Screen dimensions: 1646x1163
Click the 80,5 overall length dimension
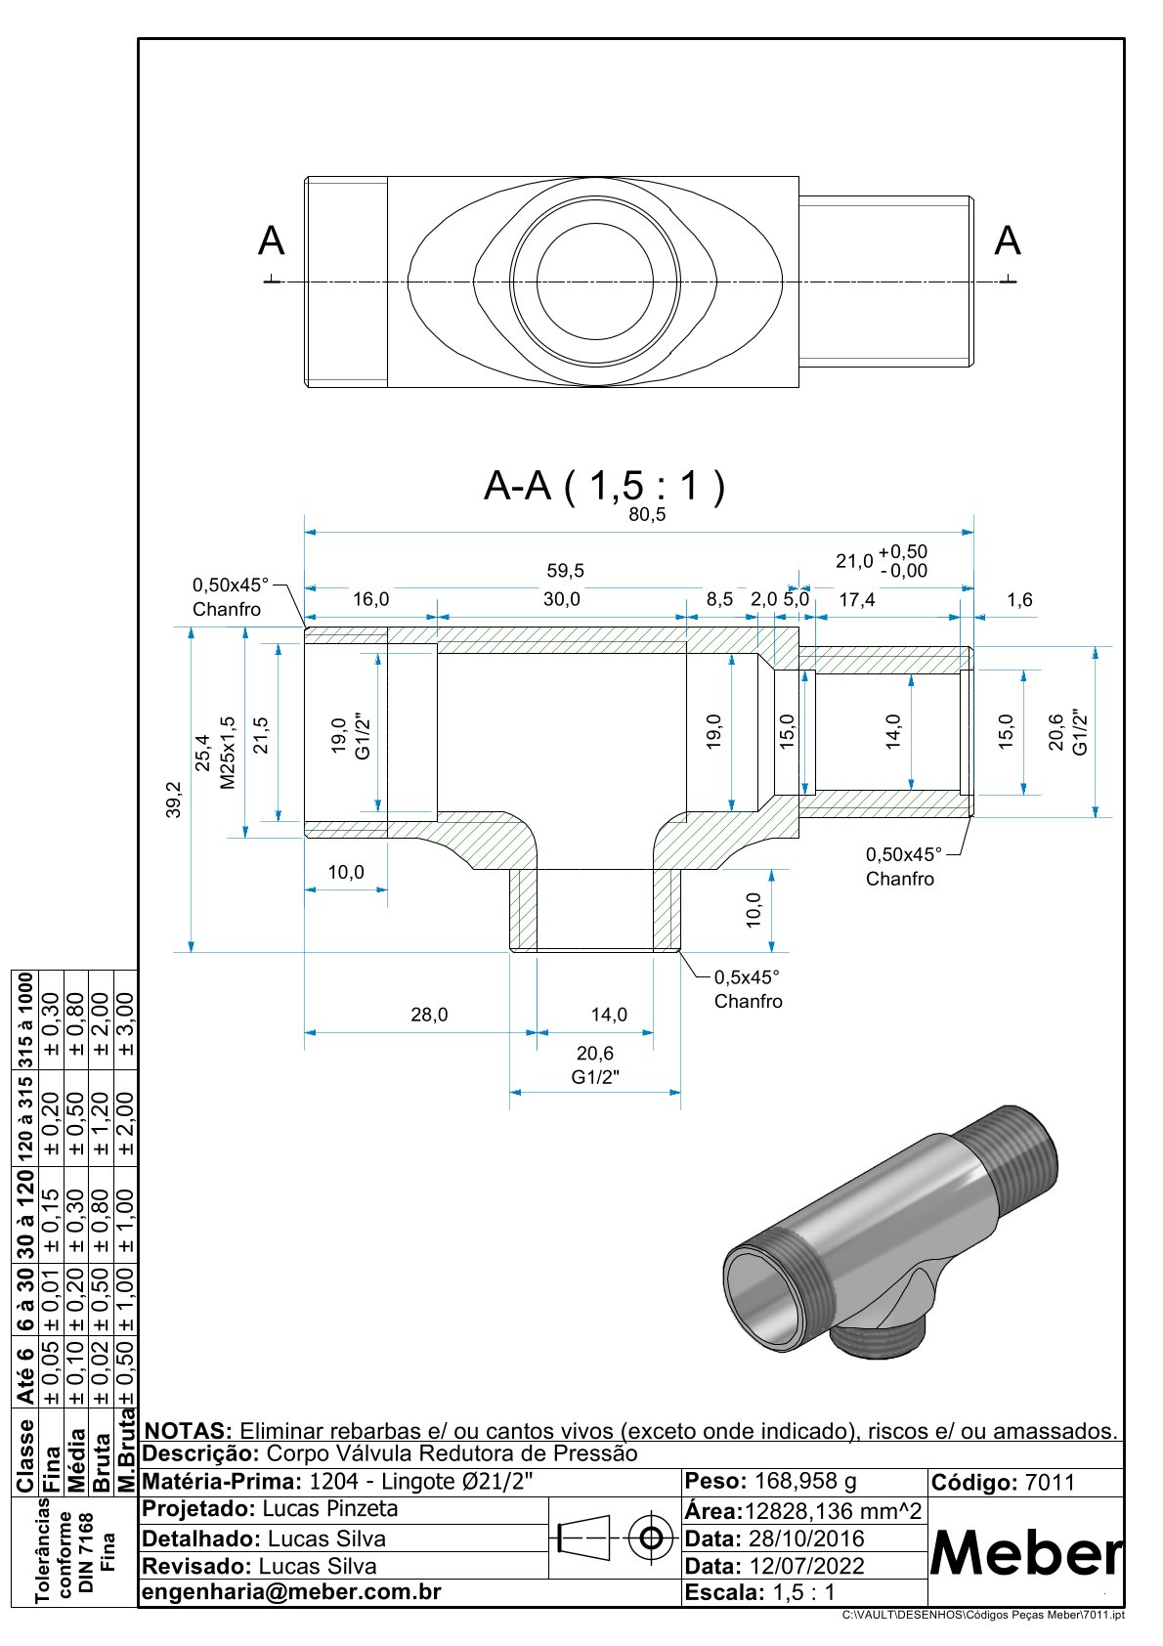coord(647,515)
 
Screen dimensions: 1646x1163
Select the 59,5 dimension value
coord(566,571)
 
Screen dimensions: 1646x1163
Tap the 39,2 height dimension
coord(175,800)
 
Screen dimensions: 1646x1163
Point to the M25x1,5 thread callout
coord(228,753)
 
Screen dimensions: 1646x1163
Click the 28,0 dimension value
coord(429,1015)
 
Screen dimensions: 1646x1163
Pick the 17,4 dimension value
coord(857,599)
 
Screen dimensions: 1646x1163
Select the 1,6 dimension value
coord(1019,599)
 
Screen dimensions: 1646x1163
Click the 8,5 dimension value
coord(720,599)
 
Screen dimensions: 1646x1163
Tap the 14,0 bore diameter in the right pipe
coord(893,730)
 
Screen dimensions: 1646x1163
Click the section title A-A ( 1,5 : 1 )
coord(605,486)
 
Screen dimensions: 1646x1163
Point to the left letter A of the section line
coord(271,241)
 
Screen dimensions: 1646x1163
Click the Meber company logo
coord(1025,1552)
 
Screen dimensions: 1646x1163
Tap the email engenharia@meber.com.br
coord(291,1592)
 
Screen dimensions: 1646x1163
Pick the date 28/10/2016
coord(806,1538)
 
